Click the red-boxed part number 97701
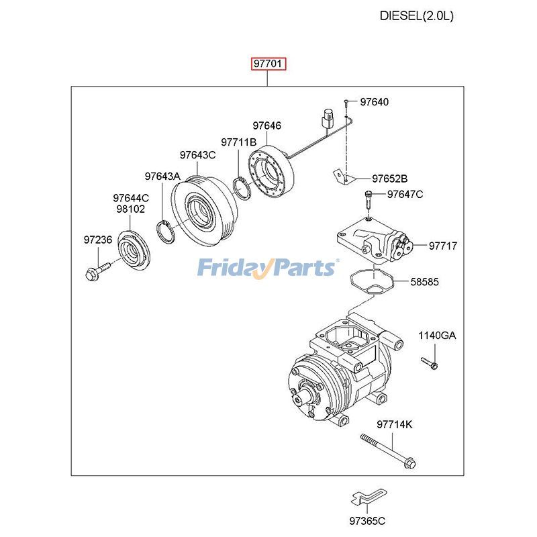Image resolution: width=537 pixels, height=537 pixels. coord(269,64)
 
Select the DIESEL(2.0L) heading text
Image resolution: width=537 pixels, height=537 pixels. coord(416,15)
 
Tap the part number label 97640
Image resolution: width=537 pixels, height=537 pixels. coord(374,103)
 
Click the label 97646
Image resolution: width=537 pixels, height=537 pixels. coord(266,126)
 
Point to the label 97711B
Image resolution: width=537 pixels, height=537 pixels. coord(238,142)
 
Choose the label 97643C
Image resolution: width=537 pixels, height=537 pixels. coord(197,155)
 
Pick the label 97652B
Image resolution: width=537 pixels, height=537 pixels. coord(390,179)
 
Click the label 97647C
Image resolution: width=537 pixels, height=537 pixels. coord(405,195)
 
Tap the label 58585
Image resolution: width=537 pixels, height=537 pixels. coord(424,283)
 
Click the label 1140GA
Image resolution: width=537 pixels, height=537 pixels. coord(437,336)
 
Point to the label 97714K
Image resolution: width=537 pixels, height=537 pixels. coord(394,425)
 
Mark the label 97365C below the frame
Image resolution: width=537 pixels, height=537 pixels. coord(367,521)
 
